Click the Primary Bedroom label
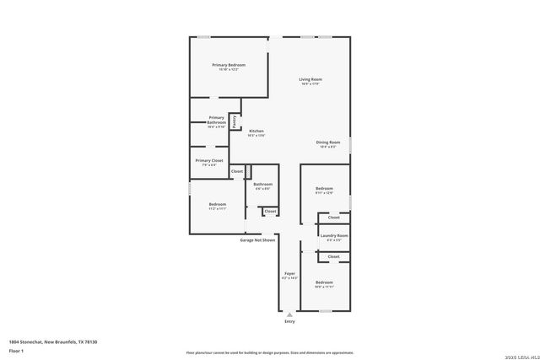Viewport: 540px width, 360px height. pyautogui.click(x=229, y=65)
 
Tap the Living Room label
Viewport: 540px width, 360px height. pyautogui.click(x=310, y=80)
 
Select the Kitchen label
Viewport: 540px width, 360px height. pyautogui.click(x=256, y=132)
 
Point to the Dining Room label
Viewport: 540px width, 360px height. pyautogui.click(x=328, y=142)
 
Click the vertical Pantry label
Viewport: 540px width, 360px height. pyautogui.click(x=234, y=121)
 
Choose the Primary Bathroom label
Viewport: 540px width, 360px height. pyautogui.click(x=217, y=121)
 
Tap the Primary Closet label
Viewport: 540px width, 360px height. pyautogui.click(x=209, y=160)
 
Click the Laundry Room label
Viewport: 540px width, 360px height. pyautogui.click(x=334, y=236)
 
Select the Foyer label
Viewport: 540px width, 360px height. pyautogui.click(x=289, y=274)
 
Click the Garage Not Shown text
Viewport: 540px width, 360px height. pyautogui.click(x=257, y=240)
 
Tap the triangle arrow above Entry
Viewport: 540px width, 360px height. pyautogui.click(x=289, y=314)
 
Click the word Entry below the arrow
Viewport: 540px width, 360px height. pyautogui.click(x=289, y=321)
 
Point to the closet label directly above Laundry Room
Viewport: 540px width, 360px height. pyautogui.click(x=334, y=218)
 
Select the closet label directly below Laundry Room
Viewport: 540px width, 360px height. pyautogui.click(x=334, y=256)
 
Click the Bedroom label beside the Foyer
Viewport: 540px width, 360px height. pyautogui.click(x=324, y=282)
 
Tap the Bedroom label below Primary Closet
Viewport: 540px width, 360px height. pyautogui.click(x=218, y=205)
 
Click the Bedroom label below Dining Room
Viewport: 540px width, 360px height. pyautogui.click(x=324, y=188)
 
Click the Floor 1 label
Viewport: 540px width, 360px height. pyautogui.click(x=16, y=350)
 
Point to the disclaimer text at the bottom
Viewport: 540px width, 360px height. pyautogui.click(x=269, y=352)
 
